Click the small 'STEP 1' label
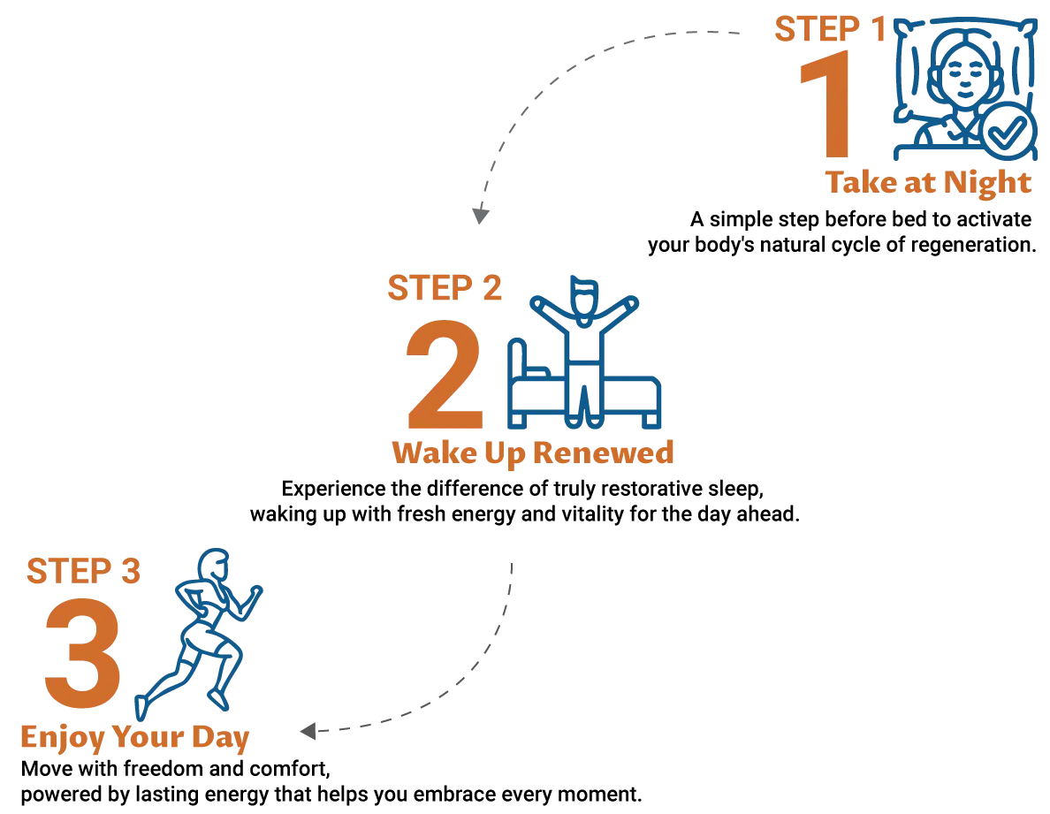click(x=828, y=29)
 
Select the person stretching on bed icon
click(x=582, y=354)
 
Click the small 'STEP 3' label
click(x=81, y=571)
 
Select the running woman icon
click(x=202, y=628)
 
